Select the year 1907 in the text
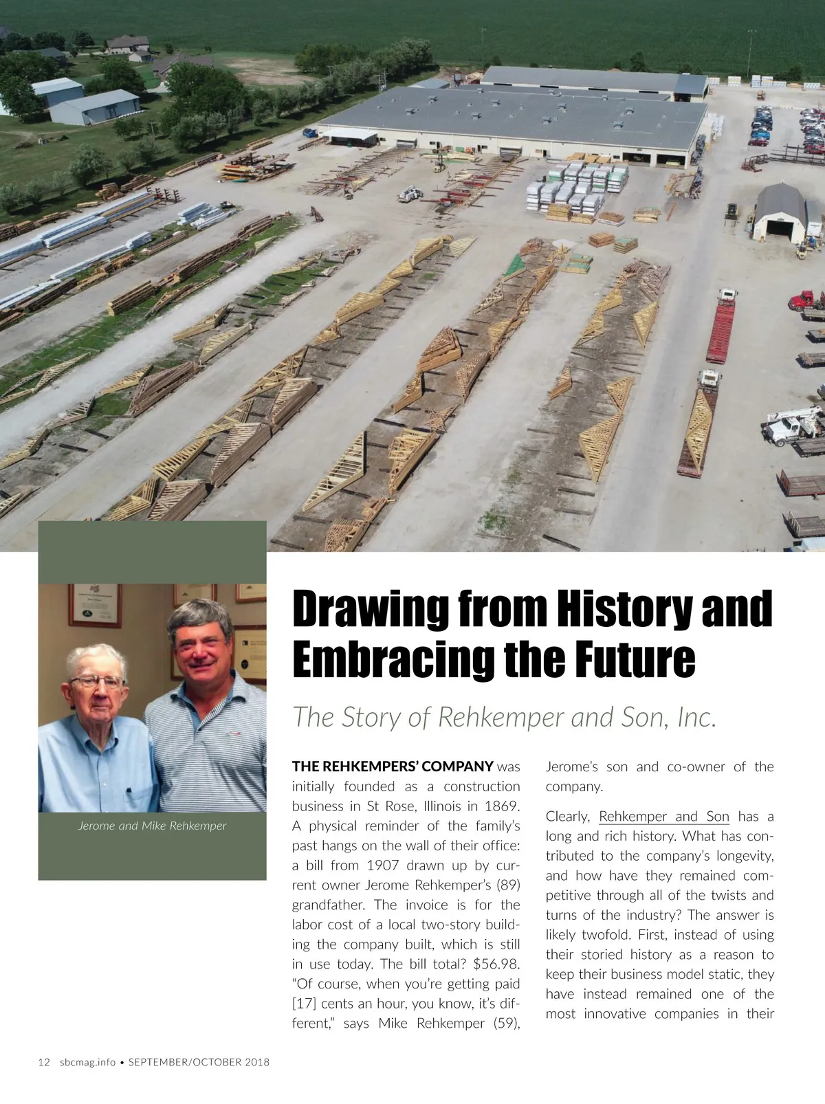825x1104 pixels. tap(383, 865)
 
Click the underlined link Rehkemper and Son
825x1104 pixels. tap(663, 817)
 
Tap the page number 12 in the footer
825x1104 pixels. tap(44, 1062)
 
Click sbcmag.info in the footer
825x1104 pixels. tap(87, 1062)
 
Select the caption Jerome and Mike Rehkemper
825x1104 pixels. tap(152, 826)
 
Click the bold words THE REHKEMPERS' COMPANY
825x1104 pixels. tap(393, 766)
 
